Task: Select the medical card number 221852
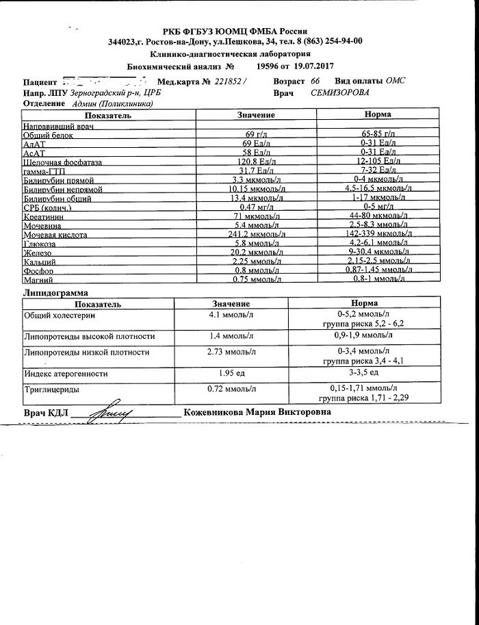[229, 81]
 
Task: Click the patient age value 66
[315, 81]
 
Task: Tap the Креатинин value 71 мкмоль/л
[257, 216]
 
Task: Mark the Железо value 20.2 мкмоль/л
[257, 252]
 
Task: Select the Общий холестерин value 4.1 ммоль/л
[231, 316]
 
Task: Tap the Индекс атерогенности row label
[66, 374]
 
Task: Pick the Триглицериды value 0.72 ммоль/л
[231, 389]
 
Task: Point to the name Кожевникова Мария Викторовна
[257, 413]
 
